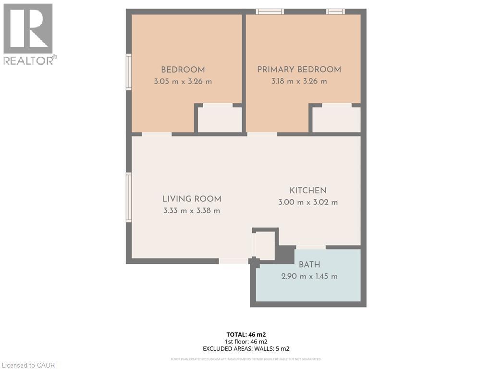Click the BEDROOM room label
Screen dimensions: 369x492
pos(183,70)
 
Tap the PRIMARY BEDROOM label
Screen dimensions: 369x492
pos(299,70)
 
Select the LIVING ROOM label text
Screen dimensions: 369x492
pos(191,199)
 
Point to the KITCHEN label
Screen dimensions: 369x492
pos(307,191)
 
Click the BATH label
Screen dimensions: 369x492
pos(309,265)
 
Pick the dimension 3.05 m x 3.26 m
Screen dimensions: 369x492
pos(183,82)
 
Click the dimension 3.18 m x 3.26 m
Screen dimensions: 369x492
pos(299,82)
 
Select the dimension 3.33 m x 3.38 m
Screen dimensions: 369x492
pos(191,210)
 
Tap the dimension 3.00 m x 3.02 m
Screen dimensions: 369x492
pos(307,202)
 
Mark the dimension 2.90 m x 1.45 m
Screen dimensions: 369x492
pos(309,276)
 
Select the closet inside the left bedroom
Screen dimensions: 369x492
pos(220,119)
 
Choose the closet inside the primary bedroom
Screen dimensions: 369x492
pos(336,119)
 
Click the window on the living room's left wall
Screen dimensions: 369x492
pos(129,197)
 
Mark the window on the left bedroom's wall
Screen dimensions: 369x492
pos(129,72)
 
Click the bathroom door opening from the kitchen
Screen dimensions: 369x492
pos(310,247)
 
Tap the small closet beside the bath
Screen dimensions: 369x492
pos(265,245)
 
